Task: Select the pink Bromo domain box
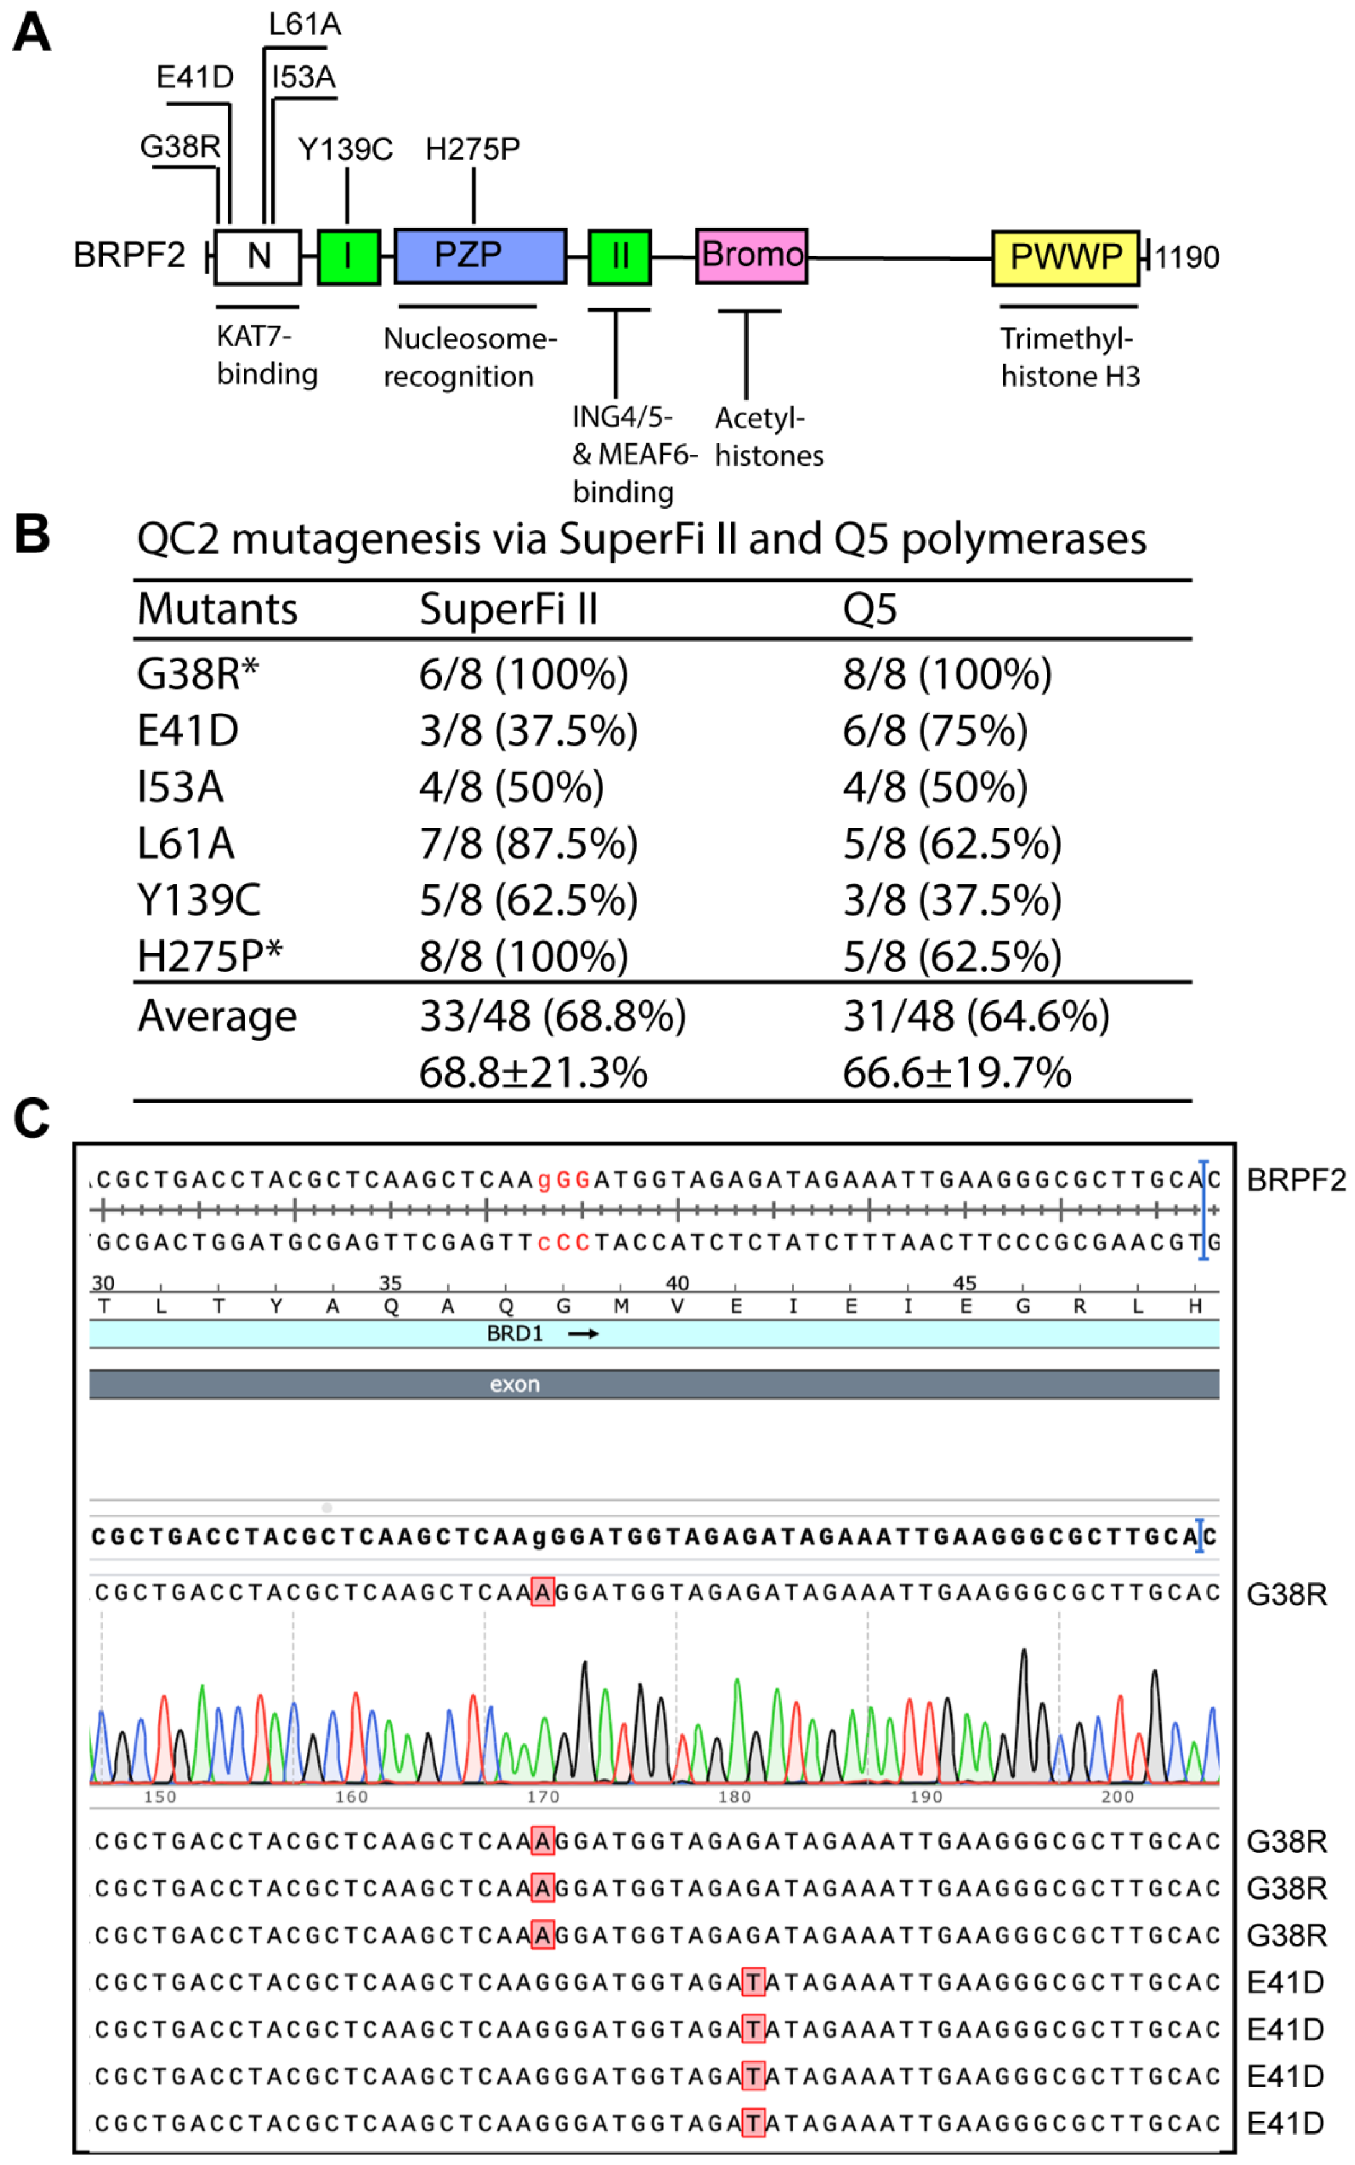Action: (751, 256)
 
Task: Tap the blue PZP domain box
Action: (479, 256)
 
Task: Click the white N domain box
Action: (257, 256)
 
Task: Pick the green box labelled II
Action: (619, 256)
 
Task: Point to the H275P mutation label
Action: (472, 149)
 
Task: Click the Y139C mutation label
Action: (345, 149)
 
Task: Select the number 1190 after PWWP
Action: (1186, 258)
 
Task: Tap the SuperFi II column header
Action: (508, 609)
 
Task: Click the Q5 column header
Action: (869, 609)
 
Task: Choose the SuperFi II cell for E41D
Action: (529, 731)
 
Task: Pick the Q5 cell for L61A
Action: (951, 843)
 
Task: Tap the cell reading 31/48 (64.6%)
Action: (976, 1016)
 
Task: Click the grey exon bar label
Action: (514, 1385)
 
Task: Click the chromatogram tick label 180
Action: (734, 1797)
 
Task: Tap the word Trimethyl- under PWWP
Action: (1066, 339)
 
